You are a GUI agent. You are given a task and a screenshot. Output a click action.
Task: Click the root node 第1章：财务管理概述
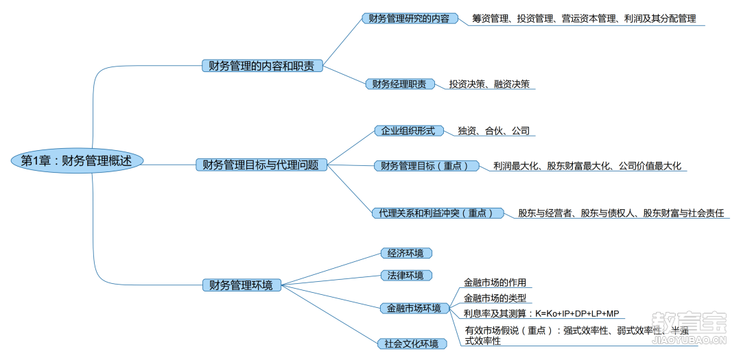coord(77,160)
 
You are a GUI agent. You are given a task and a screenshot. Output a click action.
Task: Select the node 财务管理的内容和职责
coord(262,66)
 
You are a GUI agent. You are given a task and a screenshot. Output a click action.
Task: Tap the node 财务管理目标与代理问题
coord(261,165)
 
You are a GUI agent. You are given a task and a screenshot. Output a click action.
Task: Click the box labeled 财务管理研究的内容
coord(410,19)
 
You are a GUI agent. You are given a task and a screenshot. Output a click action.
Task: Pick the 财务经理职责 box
coord(399,84)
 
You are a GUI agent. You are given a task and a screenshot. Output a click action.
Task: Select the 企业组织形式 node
coord(408,131)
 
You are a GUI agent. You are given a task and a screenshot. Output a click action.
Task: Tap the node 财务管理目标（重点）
coord(426,166)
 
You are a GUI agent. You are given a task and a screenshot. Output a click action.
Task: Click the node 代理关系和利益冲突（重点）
coord(438,213)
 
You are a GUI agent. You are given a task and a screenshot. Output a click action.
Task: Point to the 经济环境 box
coord(406,253)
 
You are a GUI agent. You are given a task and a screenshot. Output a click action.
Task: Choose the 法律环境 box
coord(406,275)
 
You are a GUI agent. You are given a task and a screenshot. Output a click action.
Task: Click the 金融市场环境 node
coord(414,309)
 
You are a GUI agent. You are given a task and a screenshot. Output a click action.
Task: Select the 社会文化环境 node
coord(412,344)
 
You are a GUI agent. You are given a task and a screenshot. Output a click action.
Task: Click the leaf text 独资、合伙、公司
coord(493,131)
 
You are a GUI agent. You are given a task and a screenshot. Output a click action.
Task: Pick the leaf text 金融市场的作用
coord(495,283)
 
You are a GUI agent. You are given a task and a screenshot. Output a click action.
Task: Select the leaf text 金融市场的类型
coord(495,298)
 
